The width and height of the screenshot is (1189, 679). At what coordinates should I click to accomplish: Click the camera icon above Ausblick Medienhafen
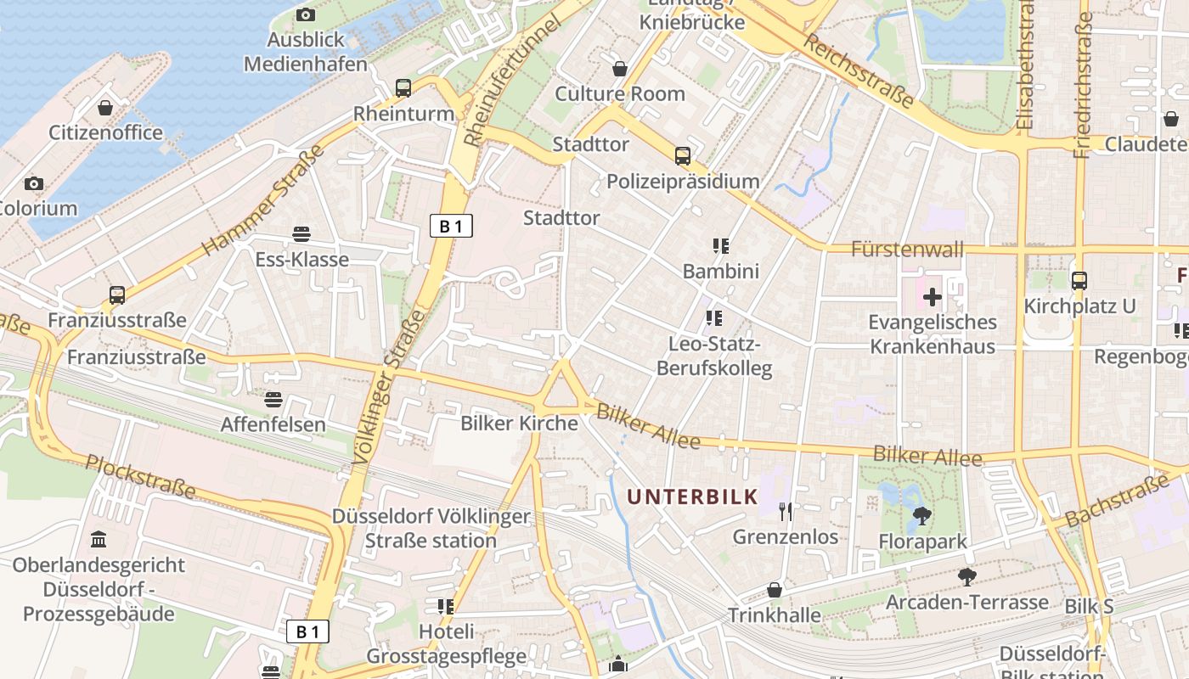(x=306, y=14)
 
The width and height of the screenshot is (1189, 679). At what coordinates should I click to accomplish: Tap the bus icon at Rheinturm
(x=403, y=87)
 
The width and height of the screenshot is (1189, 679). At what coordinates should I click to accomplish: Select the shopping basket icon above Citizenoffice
(x=105, y=108)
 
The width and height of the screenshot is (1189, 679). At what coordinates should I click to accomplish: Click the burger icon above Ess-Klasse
(x=301, y=233)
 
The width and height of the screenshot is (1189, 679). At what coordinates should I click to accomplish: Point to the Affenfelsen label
(x=273, y=424)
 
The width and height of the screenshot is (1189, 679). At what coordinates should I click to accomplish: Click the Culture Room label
(x=620, y=93)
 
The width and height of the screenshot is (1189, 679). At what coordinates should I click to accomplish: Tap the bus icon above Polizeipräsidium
(x=683, y=155)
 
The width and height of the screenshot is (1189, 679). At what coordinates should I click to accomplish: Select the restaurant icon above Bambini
(x=721, y=246)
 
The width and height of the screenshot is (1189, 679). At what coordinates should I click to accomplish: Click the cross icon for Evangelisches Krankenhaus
(x=933, y=297)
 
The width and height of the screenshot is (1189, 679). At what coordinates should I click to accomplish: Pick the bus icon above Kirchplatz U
(x=1079, y=280)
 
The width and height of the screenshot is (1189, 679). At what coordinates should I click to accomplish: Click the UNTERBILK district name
(x=692, y=497)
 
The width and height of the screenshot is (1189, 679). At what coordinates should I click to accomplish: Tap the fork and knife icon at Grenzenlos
(x=786, y=511)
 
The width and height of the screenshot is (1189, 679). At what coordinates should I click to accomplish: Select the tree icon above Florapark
(x=921, y=515)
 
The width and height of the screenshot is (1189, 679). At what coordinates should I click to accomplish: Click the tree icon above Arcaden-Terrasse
(x=966, y=577)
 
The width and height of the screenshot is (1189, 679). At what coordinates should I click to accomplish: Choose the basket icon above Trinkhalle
(x=775, y=589)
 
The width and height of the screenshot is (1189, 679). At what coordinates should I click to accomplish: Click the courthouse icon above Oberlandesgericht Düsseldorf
(x=99, y=539)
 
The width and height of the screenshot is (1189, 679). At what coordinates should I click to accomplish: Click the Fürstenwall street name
(x=908, y=249)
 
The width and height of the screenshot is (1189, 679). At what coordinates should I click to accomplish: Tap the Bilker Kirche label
(x=519, y=423)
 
